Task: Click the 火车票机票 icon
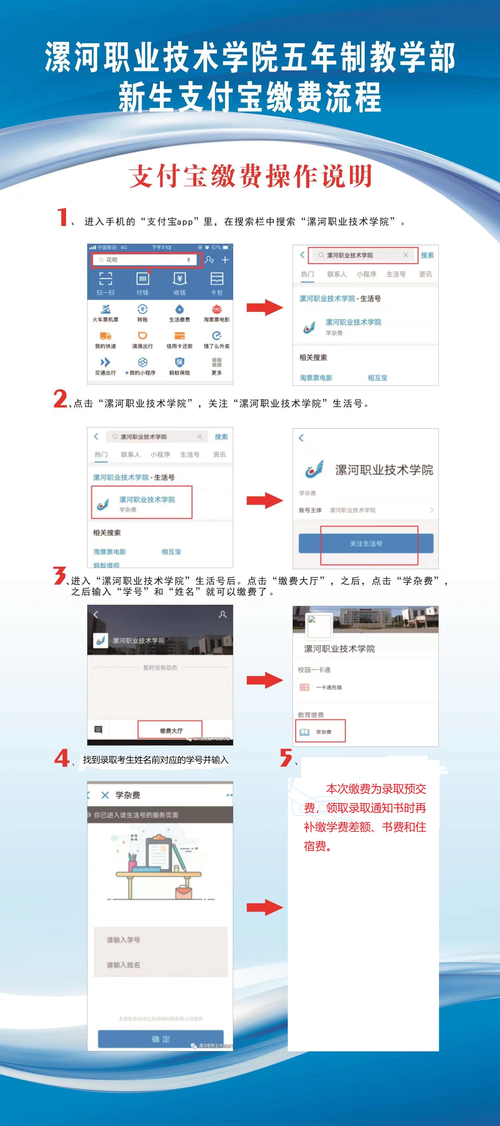(x=105, y=310)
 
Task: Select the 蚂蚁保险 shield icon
(x=179, y=362)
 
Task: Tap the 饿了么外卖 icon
(x=216, y=336)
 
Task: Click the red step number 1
(x=63, y=217)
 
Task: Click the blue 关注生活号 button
(x=366, y=543)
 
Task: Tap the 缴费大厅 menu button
(x=171, y=730)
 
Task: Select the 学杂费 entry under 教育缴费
(x=321, y=732)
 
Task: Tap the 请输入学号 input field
(x=160, y=939)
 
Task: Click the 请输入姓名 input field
(x=160, y=965)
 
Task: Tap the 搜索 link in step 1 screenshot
(x=427, y=255)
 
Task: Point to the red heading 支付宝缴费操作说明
(x=250, y=176)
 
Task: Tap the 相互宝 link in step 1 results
(x=377, y=378)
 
